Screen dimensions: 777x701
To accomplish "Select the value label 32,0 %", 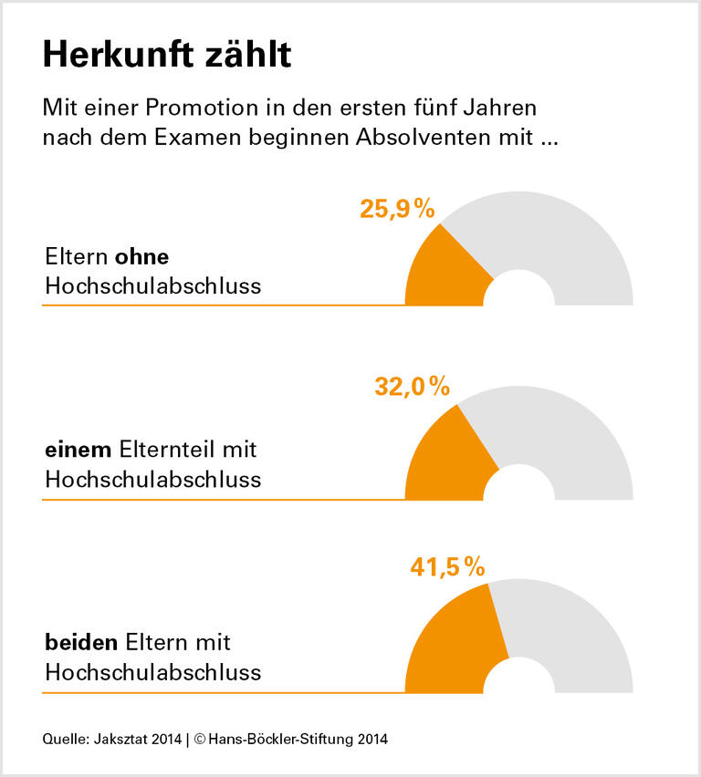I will point(413,387).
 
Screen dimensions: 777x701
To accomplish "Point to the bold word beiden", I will point(81,642).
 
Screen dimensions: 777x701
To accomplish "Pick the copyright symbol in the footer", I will point(199,740).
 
